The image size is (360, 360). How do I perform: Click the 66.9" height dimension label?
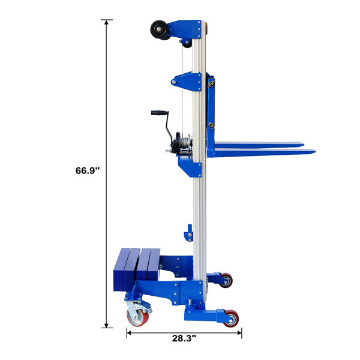click(88, 170)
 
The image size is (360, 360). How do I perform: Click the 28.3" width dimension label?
click(184, 338)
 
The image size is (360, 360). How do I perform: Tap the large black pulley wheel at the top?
click(158, 29)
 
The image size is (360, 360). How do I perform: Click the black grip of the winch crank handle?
click(159, 113)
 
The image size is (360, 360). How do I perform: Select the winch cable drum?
click(184, 143)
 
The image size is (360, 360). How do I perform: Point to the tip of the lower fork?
click(315, 151)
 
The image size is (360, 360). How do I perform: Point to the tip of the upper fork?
click(304, 145)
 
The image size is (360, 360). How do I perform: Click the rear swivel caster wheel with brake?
click(137, 317)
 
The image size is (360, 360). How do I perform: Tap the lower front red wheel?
click(231, 318)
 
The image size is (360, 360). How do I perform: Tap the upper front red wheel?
click(226, 280)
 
